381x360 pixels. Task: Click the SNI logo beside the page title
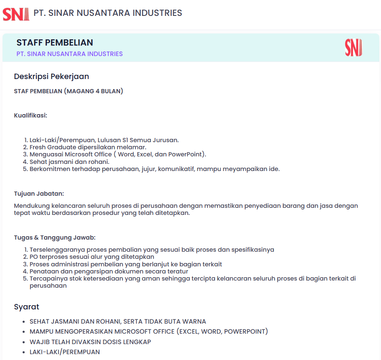(16, 13)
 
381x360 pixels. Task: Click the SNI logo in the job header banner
(353, 48)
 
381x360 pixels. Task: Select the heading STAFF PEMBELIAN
(55, 43)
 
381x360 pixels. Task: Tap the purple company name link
(69, 54)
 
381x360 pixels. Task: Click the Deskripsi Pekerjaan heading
(51, 77)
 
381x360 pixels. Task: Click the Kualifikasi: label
(31, 115)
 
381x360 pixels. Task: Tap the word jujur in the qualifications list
(147, 169)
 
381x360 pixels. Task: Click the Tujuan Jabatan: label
(39, 194)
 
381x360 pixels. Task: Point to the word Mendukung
(31, 206)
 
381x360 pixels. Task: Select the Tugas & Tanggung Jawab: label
(55, 237)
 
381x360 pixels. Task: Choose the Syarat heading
(26, 307)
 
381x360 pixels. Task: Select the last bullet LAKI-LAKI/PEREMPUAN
(65, 352)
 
